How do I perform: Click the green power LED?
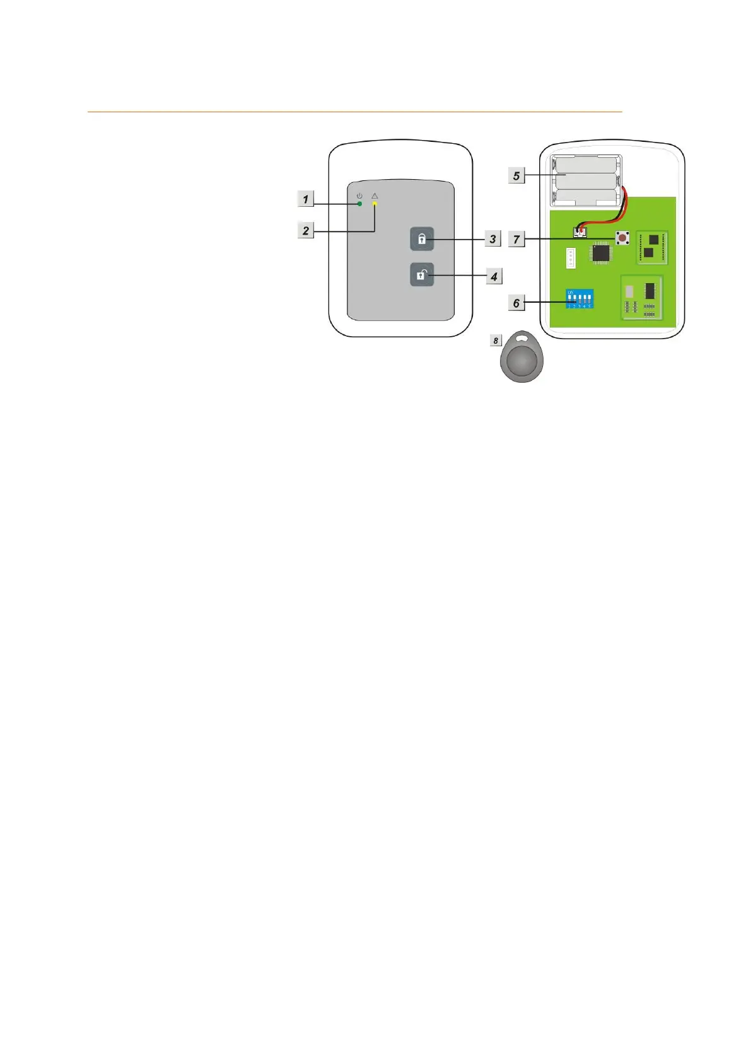[x=359, y=204]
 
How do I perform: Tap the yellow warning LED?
[x=375, y=204]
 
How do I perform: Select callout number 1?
[x=306, y=199]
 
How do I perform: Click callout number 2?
[x=306, y=230]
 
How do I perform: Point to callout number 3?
[x=492, y=239]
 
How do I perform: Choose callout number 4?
[x=494, y=276]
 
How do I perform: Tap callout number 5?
[x=516, y=175]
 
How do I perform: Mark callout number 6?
[x=516, y=303]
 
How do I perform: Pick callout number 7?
[x=516, y=239]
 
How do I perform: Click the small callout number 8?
[x=496, y=341]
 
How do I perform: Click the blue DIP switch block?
[x=579, y=299]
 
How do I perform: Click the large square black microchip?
[x=601, y=254]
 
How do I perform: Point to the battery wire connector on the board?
[x=578, y=232]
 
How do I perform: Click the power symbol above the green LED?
[x=359, y=196]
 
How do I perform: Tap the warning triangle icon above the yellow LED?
[x=375, y=196]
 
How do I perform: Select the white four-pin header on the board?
[x=571, y=257]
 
